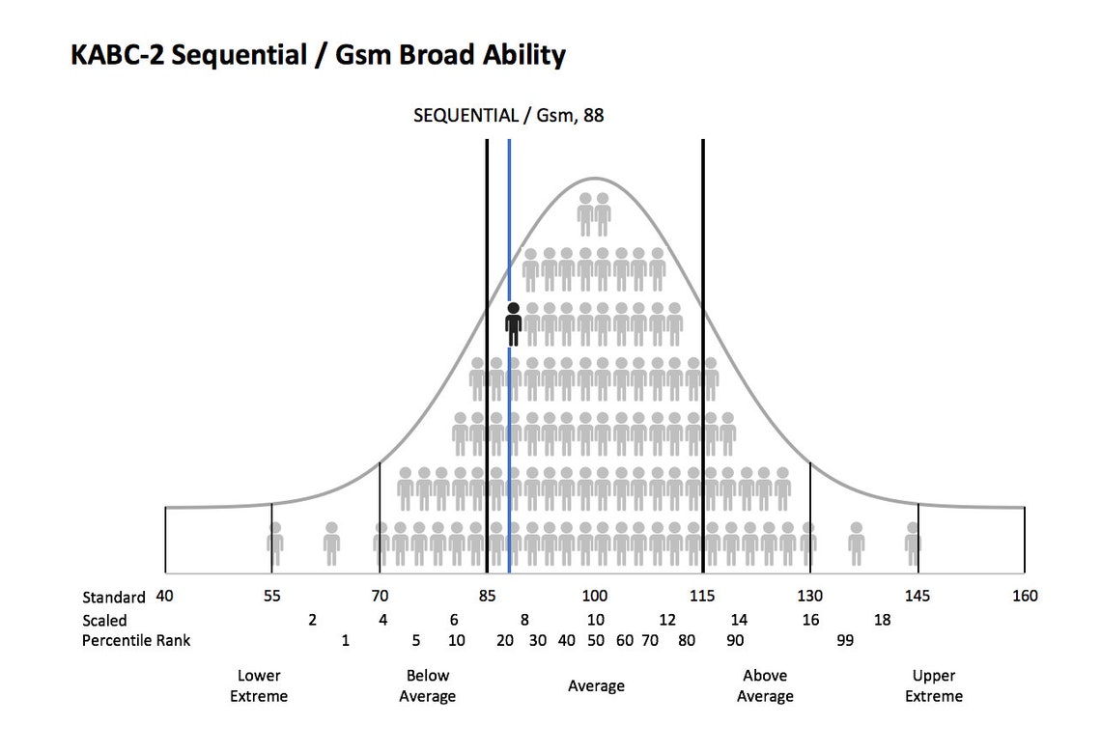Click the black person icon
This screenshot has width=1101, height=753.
point(513,324)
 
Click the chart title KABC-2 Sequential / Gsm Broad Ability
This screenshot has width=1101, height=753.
point(318,55)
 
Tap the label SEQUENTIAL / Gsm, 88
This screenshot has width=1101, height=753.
point(509,116)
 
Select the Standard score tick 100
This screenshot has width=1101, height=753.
point(594,596)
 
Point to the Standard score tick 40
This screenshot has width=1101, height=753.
point(165,596)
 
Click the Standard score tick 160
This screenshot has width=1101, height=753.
point(1024,596)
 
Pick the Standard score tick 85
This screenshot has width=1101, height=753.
point(487,596)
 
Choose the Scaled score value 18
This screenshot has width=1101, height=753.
point(882,620)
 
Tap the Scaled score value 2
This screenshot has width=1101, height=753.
point(312,620)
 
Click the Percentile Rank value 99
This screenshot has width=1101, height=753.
point(845,640)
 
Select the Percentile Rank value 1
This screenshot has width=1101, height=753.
point(345,640)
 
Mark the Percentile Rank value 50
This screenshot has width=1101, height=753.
point(596,640)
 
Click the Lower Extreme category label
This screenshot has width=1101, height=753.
point(259,685)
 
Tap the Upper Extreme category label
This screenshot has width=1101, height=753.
point(935,685)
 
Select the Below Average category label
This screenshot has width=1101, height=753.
point(428,685)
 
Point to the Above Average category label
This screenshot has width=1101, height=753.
point(765,685)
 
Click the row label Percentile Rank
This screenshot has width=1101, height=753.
point(136,640)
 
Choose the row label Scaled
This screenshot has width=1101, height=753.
point(104,620)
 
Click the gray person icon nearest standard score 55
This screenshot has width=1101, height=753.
point(275,544)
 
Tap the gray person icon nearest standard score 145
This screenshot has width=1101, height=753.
point(913,544)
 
